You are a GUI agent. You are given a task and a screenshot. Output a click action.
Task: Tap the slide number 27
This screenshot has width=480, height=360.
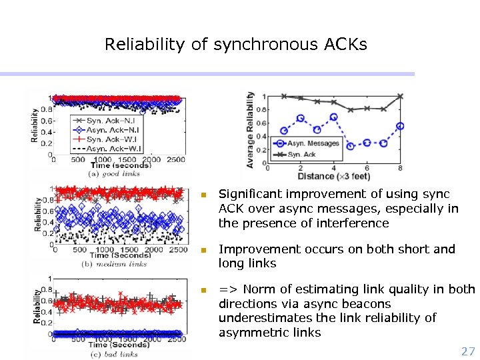[x=468, y=351]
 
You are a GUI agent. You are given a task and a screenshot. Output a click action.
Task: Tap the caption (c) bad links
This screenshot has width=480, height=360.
[x=113, y=354]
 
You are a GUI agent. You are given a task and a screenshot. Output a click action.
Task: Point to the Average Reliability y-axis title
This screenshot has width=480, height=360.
[x=251, y=130]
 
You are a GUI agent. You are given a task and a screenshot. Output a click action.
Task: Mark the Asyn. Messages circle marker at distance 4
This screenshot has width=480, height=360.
[x=333, y=117]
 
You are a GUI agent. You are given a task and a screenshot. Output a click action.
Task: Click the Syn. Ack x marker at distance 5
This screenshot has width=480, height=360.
[x=351, y=110]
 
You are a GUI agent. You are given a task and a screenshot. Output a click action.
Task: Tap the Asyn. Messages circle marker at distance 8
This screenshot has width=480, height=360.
[x=400, y=126]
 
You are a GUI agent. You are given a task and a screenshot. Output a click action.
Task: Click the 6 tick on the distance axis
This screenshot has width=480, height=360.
[x=367, y=167]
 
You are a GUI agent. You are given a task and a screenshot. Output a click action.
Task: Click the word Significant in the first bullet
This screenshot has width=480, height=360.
[x=251, y=194]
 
